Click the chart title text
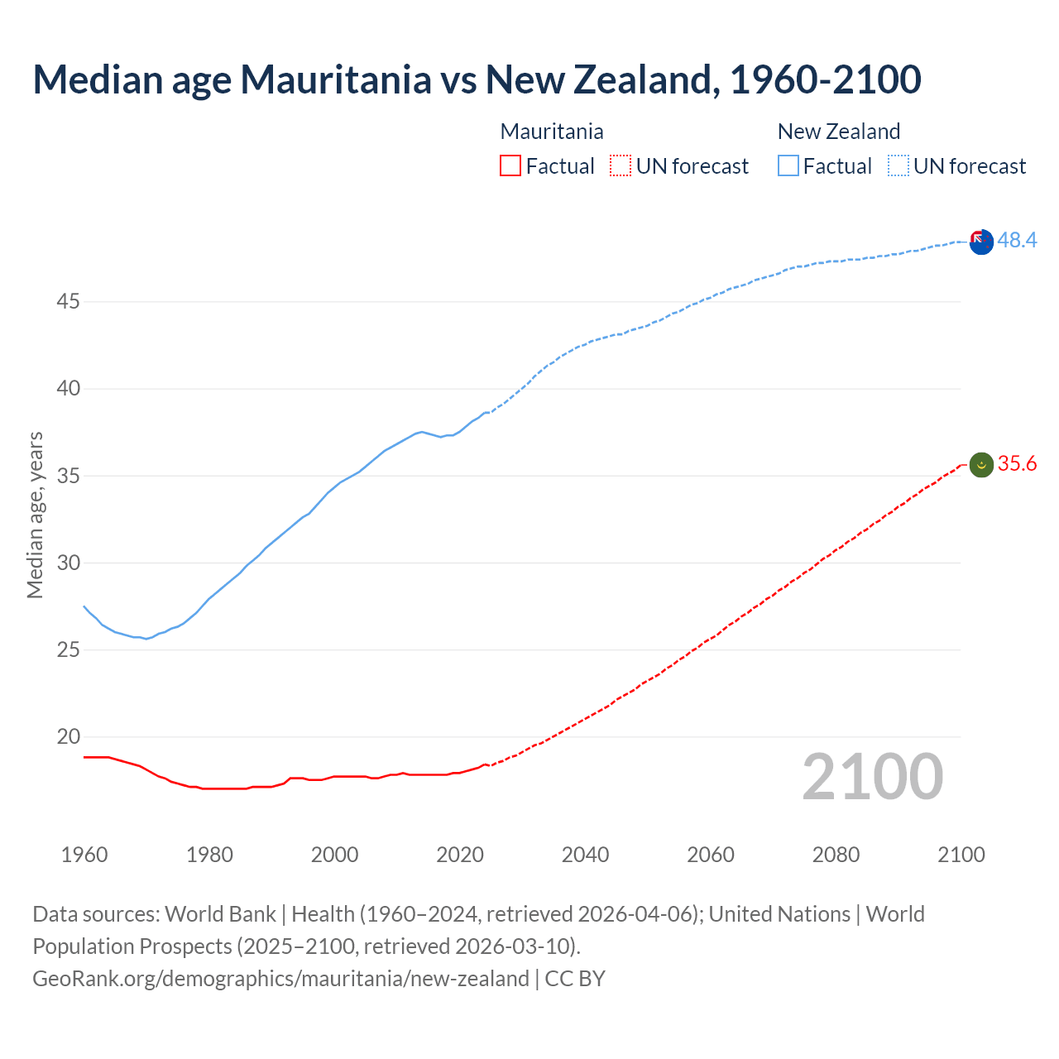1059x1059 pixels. tap(477, 79)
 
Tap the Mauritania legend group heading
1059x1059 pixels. tap(552, 132)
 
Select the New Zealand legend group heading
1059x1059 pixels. tap(838, 132)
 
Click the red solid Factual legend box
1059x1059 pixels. tap(510, 166)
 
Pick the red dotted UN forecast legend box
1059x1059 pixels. tap(621, 166)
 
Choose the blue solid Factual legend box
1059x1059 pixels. tap(788, 166)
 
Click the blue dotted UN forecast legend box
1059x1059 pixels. tap(898, 166)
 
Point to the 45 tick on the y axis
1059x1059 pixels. tap(68, 302)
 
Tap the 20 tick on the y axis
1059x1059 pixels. tap(68, 736)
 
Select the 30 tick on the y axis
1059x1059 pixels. tap(68, 563)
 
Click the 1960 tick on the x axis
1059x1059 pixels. tap(84, 855)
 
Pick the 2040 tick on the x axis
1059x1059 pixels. tap(585, 855)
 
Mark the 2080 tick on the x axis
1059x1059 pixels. tap(836, 855)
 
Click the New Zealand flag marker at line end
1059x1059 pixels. tap(981, 242)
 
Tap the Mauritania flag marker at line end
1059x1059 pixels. tap(981, 465)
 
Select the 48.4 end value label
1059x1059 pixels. tap(1017, 240)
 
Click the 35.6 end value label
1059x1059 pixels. tap(1017, 463)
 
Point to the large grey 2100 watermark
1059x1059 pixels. tap(872, 777)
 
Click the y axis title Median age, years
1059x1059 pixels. tap(35, 515)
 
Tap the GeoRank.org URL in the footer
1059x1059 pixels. tap(280, 979)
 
